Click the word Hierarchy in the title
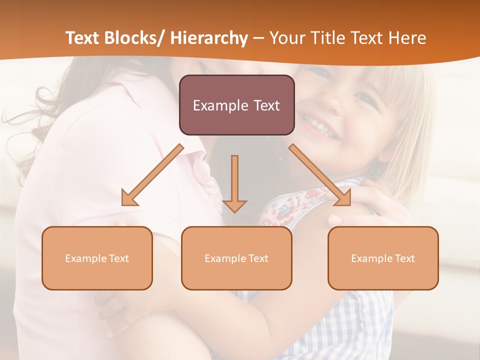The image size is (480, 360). pos(209,38)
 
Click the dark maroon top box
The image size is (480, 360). pos(236,105)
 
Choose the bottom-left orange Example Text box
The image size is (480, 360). pos(97,258)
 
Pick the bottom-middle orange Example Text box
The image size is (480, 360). pos(236,258)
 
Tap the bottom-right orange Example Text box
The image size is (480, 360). pos(383,258)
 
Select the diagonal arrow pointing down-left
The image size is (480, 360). pos(152,175)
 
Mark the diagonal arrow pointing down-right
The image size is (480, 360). pos(320,175)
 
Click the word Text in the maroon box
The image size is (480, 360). pos(262,105)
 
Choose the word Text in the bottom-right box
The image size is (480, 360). pos(405,258)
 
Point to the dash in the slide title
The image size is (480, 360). pos(258,38)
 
